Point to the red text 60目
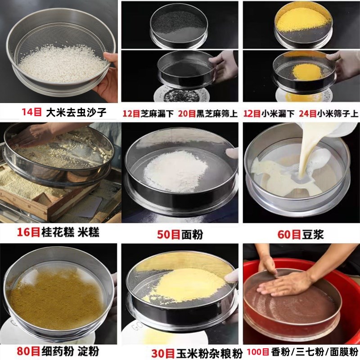click(289, 234)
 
